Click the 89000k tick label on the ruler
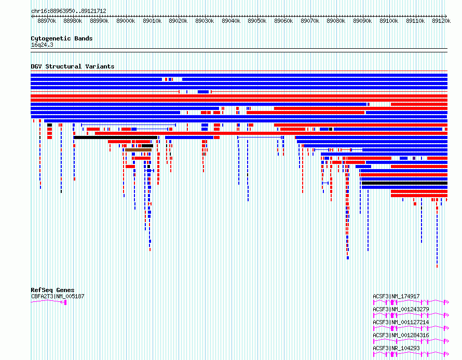[126, 21]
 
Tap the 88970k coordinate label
[47, 21]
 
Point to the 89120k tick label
[441, 21]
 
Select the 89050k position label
[257, 21]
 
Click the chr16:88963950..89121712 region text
[69, 11]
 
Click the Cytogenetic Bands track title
[62, 38]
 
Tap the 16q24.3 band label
[42, 45]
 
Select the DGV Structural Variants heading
[73, 66]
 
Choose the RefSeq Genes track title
[52, 290]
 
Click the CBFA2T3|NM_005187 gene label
[58, 296]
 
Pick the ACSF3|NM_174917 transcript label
[396, 296]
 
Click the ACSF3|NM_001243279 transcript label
[401, 309]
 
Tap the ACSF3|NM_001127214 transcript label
[401, 322]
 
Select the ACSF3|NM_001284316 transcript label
[401, 335]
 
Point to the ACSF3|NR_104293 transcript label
[396, 348]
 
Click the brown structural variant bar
[138, 150]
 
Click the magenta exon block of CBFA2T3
[65, 302]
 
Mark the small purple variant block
[414, 158]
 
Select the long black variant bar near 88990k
[115, 137]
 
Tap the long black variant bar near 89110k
[404, 183]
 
